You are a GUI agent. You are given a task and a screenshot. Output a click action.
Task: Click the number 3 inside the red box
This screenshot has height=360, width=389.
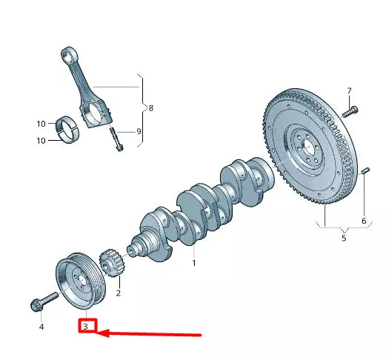[x=86, y=326]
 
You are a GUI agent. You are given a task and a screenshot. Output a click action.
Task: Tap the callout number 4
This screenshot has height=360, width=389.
[x=41, y=326]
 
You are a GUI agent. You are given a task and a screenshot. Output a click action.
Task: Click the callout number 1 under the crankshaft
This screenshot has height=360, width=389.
[x=194, y=262]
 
